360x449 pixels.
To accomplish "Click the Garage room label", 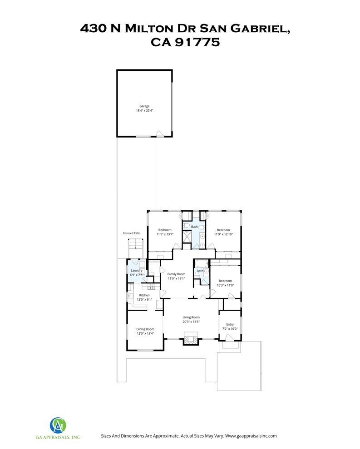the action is tap(144, 106).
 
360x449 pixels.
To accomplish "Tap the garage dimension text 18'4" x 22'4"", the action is tap(144, 111).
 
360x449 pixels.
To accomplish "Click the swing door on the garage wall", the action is tap(160, 134).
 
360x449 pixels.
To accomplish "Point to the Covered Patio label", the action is tap(132, 233).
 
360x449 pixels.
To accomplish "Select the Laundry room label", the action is tap(137, 270).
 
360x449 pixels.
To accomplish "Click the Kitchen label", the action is tap(144, 295).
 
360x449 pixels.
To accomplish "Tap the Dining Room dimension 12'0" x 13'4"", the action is tap(145, 333).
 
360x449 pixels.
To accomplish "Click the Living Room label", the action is tap(191, 317).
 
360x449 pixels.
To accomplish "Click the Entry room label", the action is tap(230, 324).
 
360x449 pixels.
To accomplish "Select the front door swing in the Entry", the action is tap(229, 338).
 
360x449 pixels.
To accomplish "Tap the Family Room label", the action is tap(176, 274).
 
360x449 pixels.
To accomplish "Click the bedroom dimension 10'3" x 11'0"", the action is tap(225, 285).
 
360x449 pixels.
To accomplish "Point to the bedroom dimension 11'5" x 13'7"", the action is tap(165, 234).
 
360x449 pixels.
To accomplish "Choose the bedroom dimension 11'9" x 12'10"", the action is tap(223, 234).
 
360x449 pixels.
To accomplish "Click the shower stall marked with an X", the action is tap(187, 236).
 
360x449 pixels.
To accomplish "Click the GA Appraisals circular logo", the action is tap(58, 425).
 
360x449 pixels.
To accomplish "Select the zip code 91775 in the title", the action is tap(197, 42).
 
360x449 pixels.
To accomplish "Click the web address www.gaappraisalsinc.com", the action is tap(251, 436).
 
